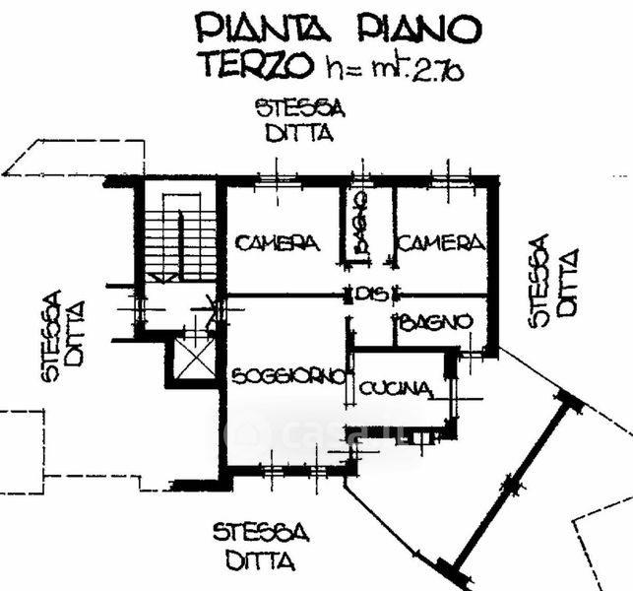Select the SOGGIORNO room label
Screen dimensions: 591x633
pos(288,376)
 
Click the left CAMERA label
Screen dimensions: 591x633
pos(277,242)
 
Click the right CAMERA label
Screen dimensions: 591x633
pos(441,242)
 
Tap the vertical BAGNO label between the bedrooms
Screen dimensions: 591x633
pos(361,226)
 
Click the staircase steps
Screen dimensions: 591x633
pos(167,243)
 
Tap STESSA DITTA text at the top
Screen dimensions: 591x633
pos(299,120)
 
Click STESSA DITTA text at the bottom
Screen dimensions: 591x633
pos(261,548)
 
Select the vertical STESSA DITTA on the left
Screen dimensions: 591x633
pos(63,335)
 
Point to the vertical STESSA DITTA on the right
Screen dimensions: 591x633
pos(552,280)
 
